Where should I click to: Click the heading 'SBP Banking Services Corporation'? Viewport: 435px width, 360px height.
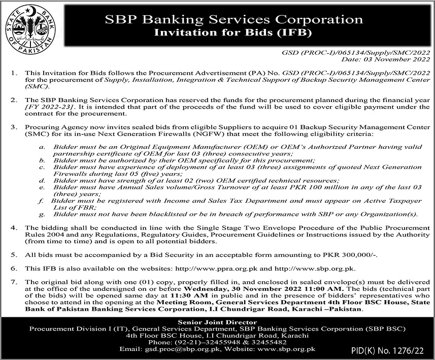(x=234, y=20)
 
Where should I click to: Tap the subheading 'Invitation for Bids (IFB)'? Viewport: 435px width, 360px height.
(x=235, y=34)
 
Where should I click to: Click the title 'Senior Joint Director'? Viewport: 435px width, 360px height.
(x=217, y=322)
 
